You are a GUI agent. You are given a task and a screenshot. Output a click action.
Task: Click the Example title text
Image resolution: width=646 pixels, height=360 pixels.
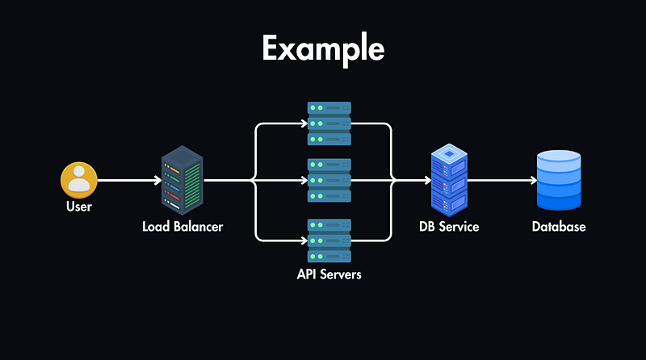pos(323,50)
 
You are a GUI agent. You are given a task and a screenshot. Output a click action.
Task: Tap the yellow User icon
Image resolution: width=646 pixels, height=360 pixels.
pos(79,180)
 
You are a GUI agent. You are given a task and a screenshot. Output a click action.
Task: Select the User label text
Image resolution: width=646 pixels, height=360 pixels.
pos(79,207)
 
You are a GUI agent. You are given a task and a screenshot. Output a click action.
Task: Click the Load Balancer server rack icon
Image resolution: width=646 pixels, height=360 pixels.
pos(182,179)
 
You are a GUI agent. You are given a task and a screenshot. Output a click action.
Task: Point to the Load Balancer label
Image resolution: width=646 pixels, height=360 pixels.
pos(182,227)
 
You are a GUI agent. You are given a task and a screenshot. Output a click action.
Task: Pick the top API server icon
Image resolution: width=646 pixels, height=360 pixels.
pos(329,123)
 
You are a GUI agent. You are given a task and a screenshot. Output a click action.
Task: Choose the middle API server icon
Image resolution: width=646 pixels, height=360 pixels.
pos(329,181)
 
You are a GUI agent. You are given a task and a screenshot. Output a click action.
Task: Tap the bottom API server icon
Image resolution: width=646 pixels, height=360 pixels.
pos(329,240)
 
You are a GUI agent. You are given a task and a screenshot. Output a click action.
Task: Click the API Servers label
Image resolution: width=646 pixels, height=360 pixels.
pos(329,274)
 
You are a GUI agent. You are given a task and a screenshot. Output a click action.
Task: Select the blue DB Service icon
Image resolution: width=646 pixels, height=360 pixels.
pos(449,179)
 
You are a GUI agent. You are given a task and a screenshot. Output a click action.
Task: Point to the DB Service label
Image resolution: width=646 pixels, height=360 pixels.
pos(449,227)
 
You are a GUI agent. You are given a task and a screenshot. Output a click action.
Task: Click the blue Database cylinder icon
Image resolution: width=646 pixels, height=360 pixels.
pos(559,180)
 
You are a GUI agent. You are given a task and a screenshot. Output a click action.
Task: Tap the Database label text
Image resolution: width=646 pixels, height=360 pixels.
pos(559,227)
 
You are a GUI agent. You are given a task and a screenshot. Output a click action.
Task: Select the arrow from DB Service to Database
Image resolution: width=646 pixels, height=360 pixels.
pos(501,181)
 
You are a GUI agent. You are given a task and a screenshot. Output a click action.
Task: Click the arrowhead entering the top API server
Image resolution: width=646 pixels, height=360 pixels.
pos(304,123)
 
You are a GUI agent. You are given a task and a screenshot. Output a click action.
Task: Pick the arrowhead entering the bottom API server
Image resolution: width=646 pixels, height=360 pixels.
pos(304,240)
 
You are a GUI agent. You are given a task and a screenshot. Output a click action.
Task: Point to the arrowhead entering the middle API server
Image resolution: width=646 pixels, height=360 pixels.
pos(304,181)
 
